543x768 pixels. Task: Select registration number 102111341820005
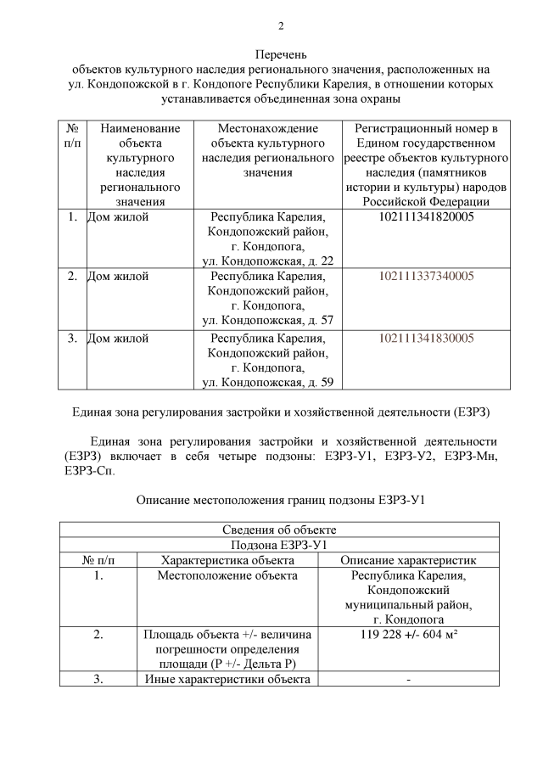(x=425, y=217)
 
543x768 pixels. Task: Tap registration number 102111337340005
(x=425, y=277)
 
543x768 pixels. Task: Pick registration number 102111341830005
(x=425, y=338)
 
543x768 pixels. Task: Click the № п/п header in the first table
(x=72, y=136)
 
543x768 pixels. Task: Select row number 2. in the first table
(x=72, y=277)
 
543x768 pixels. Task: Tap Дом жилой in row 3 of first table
(x=119, y=338)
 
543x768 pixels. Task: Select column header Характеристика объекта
(x=227, y=560)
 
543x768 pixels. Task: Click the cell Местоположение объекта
(x=227, y=576)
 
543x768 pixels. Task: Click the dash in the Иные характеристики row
(x=408, y=679)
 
